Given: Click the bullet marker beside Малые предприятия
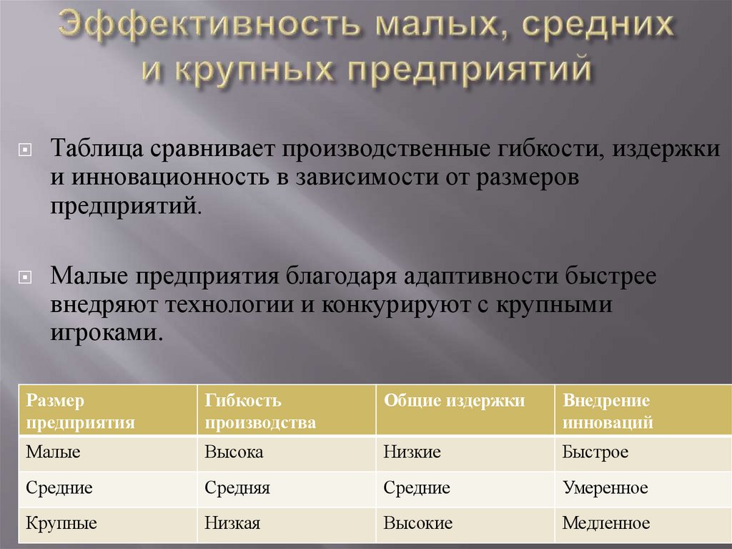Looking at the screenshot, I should coord(25,277).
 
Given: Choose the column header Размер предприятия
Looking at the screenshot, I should coord(80,411).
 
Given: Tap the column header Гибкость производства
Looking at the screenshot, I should coord(260,411).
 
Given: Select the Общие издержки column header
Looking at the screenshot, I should coord(455,401).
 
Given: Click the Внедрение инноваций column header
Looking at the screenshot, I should coord(608,411).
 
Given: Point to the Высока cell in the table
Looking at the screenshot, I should coord(234,452).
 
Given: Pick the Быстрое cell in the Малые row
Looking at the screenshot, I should coord(595,452).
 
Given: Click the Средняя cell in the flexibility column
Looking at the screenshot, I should coord(237,488).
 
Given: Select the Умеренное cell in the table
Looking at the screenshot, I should coord(605,488).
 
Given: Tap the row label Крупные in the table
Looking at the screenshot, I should coord(61,523).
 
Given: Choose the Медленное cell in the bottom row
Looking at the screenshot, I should coord(606,523).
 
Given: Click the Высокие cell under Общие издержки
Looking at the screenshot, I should coord(418,523).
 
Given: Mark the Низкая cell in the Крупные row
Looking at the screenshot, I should coord(232,523).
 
